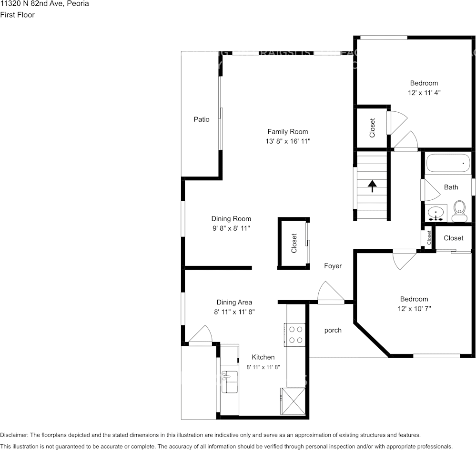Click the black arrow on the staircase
click(372, 186)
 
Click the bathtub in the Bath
click(448, 163)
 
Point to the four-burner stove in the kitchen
click(295, 334)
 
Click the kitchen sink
click(230, 382)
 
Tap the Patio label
click(201, 119)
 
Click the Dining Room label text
click(231, 219)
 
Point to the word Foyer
click(333, 266)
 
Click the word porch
click(333, 330)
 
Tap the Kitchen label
click(263, 357)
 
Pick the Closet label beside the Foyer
click(294, 243)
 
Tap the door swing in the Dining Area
click(202, 334)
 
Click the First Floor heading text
click(17, 15)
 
